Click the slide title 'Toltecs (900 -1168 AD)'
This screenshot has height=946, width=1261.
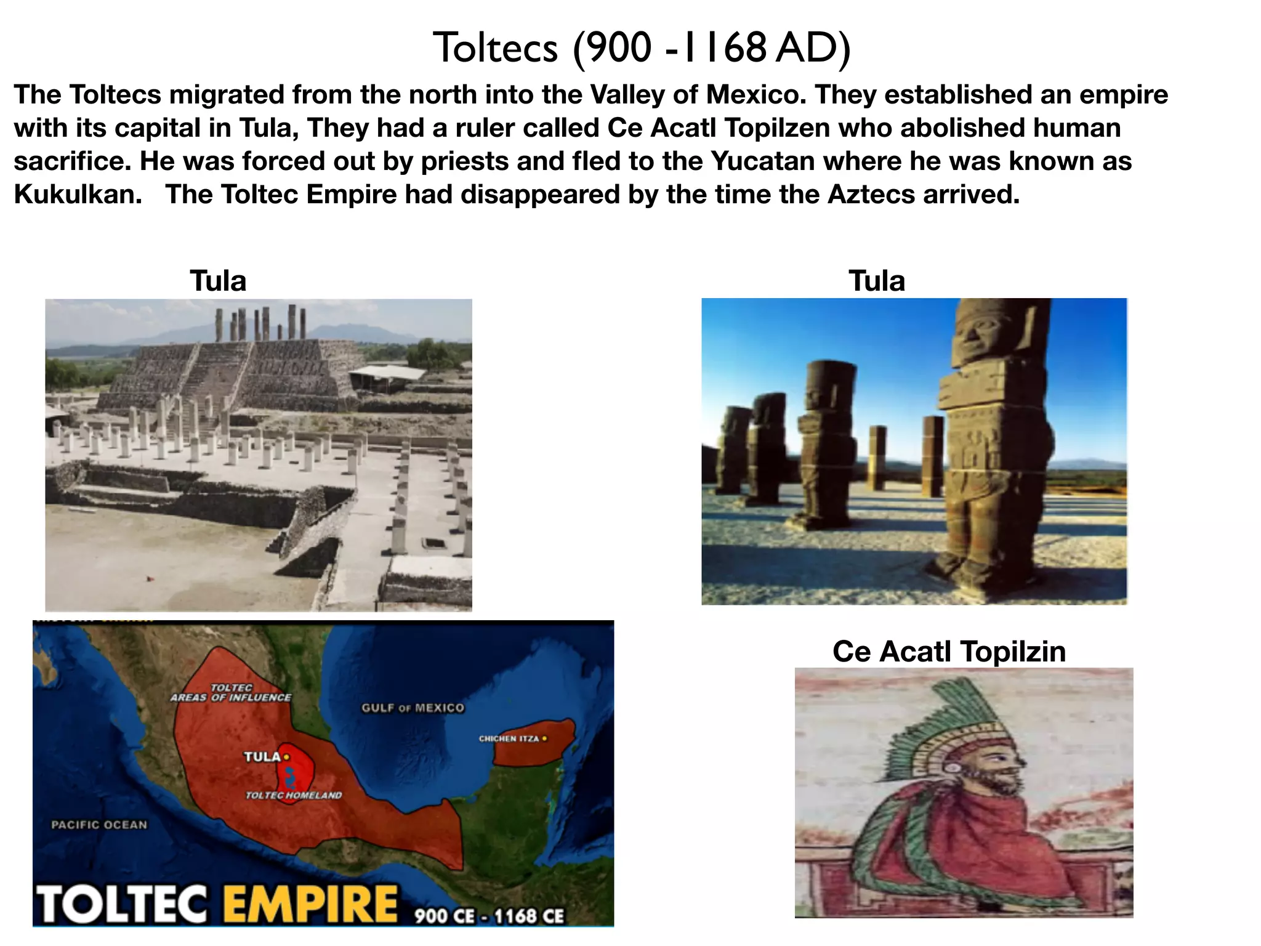[x=642, y=47]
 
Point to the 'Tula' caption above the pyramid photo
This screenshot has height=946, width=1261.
[x=218, y=281]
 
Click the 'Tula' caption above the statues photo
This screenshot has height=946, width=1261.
[x=877, y=281]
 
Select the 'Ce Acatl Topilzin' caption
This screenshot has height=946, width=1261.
[x=949, y=652]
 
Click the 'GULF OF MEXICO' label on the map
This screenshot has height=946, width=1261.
[x=413, y=708]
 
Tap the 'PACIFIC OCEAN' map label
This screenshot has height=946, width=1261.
[x=100, y=825]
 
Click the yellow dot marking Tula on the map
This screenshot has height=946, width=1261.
[x=286, y=757]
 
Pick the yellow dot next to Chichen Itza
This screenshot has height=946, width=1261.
[x=544, y=738]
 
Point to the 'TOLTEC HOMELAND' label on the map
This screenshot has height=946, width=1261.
[x=294, y=796]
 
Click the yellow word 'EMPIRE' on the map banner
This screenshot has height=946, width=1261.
[x=310, y=904]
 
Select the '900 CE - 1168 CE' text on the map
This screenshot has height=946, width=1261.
[x=489, y=916]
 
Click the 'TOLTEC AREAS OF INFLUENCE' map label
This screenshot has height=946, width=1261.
[x=231, y=693]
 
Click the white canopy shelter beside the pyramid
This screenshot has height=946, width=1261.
[x=387, y=373]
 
